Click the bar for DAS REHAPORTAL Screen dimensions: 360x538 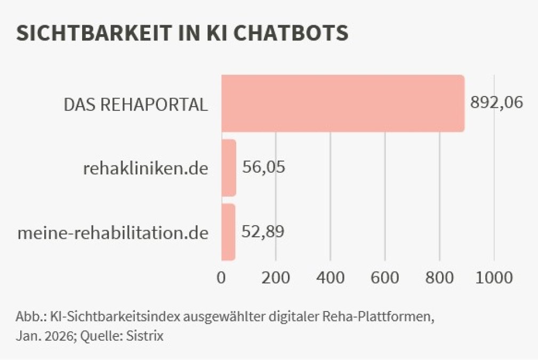(x=342, y=103)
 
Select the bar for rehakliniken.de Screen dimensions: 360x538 (x=229, y=168)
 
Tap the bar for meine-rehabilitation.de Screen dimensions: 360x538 (x=228, y=232)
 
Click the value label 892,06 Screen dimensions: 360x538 (x=496, y=102)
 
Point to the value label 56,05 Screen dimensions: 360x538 (x=263, y=167)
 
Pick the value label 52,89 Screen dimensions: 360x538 (x=263, y=231)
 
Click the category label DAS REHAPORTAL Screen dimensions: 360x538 (x=135, y=105)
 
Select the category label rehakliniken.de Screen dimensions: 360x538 (x=146, y=169)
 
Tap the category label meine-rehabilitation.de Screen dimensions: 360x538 (x=113, y=233)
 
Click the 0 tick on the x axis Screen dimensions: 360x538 (x=221, y=277)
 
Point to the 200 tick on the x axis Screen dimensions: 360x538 (x=276, y=277)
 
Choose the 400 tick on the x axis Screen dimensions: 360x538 (x=331, y=277)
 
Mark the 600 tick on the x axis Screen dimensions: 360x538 (x=385, y=277)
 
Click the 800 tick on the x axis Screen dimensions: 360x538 (x=439, y=277)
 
